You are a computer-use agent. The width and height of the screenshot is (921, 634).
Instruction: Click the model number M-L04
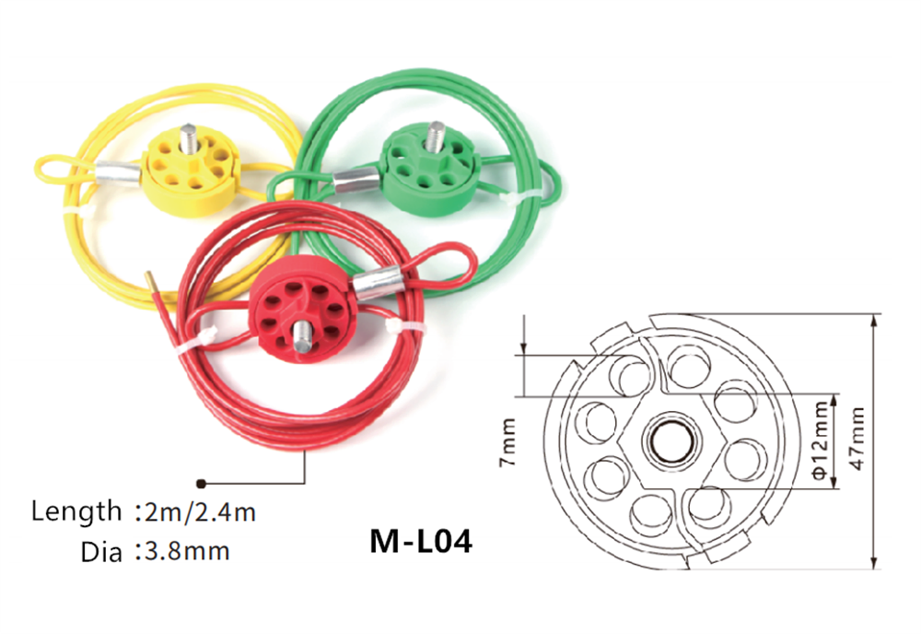pos(421,541)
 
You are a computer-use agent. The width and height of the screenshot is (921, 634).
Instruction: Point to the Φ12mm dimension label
pos(821,440)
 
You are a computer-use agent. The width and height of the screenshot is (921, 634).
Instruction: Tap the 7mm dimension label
pos(507,441)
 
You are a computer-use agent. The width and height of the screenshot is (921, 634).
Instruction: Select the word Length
pos(76,511)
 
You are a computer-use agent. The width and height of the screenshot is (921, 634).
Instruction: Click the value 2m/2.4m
pos(195,511)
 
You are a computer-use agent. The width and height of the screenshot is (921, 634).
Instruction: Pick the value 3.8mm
pos(182,551)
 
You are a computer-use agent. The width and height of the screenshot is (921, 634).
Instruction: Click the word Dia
pos(101,551)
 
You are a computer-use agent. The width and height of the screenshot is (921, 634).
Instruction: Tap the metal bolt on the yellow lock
pos(188,138)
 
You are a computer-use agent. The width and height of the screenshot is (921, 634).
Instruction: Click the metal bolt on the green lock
pos(437,136)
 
